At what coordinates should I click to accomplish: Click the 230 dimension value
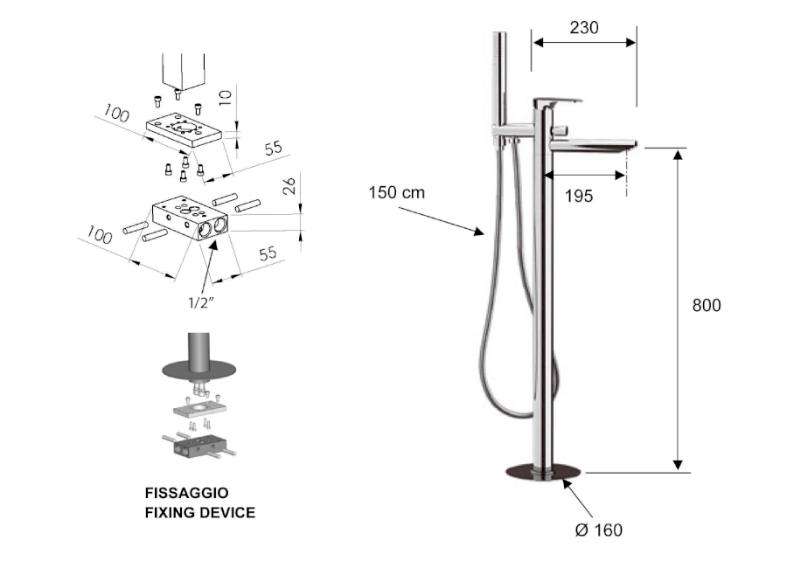[x=584, y=28]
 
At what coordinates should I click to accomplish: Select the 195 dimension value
[x=578, y=196]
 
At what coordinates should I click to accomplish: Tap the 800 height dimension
[x=707, y=306]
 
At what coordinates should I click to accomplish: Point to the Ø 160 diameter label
[x=601, y=530]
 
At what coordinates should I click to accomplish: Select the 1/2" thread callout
[x=202, y=302]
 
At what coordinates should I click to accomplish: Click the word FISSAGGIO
[x=186, y=494]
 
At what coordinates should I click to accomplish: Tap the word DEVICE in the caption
[x=225, y=512]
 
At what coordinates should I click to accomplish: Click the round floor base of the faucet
[x=543, y=473]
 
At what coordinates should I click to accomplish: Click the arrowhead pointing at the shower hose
[x=479, y=232]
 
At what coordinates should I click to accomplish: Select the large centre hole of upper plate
[x=185, y=129]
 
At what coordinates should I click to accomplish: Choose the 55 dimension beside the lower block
[x=267, y=253]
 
